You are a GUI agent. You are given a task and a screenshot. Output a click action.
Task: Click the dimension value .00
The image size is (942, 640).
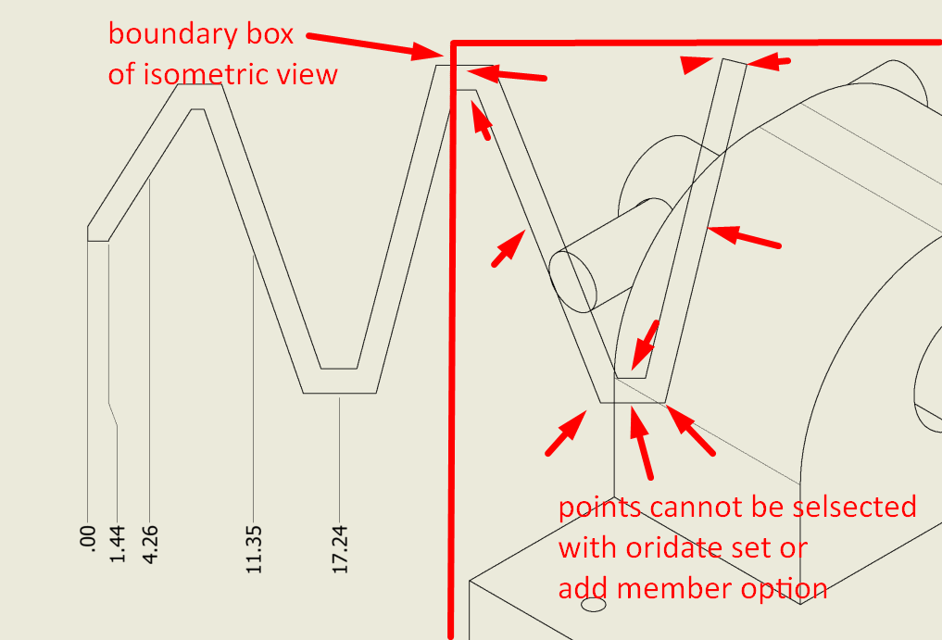click(x=88, y=539)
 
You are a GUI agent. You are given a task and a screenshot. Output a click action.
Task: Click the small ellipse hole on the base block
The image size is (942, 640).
click(x=592, y=605)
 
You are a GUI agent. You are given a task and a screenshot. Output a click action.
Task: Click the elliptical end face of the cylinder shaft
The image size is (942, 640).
click(x=572, y=279)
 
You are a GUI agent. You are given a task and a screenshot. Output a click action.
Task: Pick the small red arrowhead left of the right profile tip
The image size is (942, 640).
click(x=694, y=64)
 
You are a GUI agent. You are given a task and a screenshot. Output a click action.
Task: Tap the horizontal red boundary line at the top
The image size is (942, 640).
click(x=695, y=43)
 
